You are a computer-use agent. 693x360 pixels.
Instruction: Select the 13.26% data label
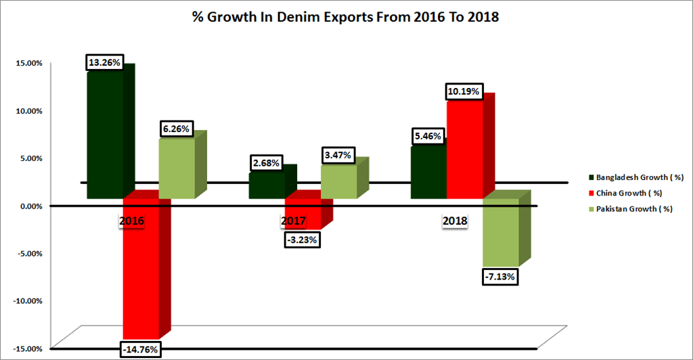104,63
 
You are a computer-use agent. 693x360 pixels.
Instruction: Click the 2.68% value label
266,163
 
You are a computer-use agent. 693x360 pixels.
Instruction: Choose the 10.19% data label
464,91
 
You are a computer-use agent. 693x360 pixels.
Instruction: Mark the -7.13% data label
501,276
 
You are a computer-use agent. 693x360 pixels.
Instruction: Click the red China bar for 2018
464,149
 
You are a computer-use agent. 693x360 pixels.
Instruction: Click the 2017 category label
294,221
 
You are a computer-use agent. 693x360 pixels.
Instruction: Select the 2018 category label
455,221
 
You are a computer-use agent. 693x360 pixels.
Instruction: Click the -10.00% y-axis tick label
27,300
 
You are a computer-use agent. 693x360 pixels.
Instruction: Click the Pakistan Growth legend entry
629,209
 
